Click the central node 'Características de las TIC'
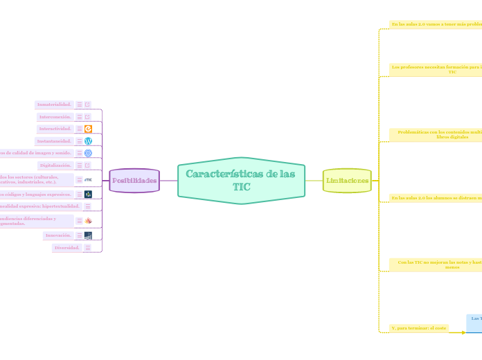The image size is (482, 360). coord(241,181)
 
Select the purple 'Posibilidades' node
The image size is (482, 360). coord(134,181)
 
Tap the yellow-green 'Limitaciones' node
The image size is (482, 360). coord(347,181)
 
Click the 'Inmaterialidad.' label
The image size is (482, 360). coord(54,105)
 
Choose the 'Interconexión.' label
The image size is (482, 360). coord(55,116)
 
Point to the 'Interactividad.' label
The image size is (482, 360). coord(55,129)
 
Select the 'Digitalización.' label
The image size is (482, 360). coord(55,165)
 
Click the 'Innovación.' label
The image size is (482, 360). coord(58,235)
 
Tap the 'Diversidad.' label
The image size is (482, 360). coord(66,247)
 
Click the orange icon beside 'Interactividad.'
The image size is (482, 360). coord(88,129)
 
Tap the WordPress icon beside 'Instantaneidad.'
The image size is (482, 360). coord(88,141)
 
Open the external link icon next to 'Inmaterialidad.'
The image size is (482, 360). coord(88,105)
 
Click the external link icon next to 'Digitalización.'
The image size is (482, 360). coord(88,165)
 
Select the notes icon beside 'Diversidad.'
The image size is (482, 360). coord(88,248)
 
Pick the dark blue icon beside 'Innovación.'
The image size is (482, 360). coord(88,235)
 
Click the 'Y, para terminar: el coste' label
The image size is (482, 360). coord(418,328)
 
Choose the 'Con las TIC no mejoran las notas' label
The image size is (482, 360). coord(436,264)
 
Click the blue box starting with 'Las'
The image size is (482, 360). coord(474,323)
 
